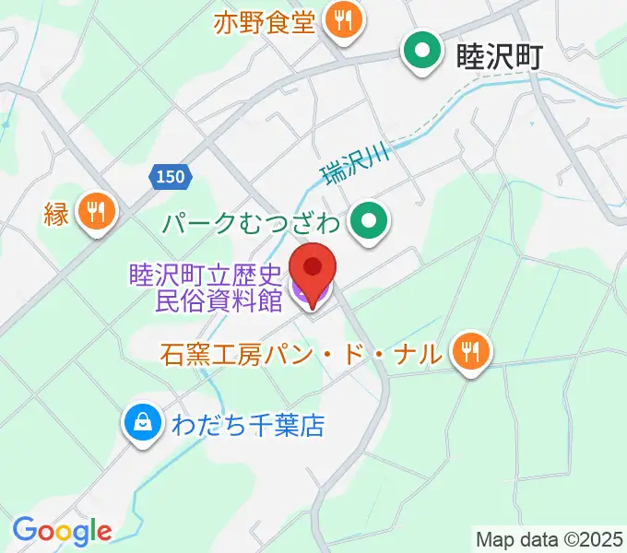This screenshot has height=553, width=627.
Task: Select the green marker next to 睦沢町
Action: tap(423, 53)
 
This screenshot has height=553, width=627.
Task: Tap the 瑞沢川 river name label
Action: tap(356, 162)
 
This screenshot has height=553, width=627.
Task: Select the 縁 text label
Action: tap(54, 214)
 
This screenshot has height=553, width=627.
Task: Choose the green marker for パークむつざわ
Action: tap(371, 222)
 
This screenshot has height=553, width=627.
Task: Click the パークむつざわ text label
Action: tap(253, 222)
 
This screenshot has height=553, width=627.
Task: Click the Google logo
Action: tap(62, 531)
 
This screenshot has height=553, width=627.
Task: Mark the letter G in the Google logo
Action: tap(24, 530)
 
